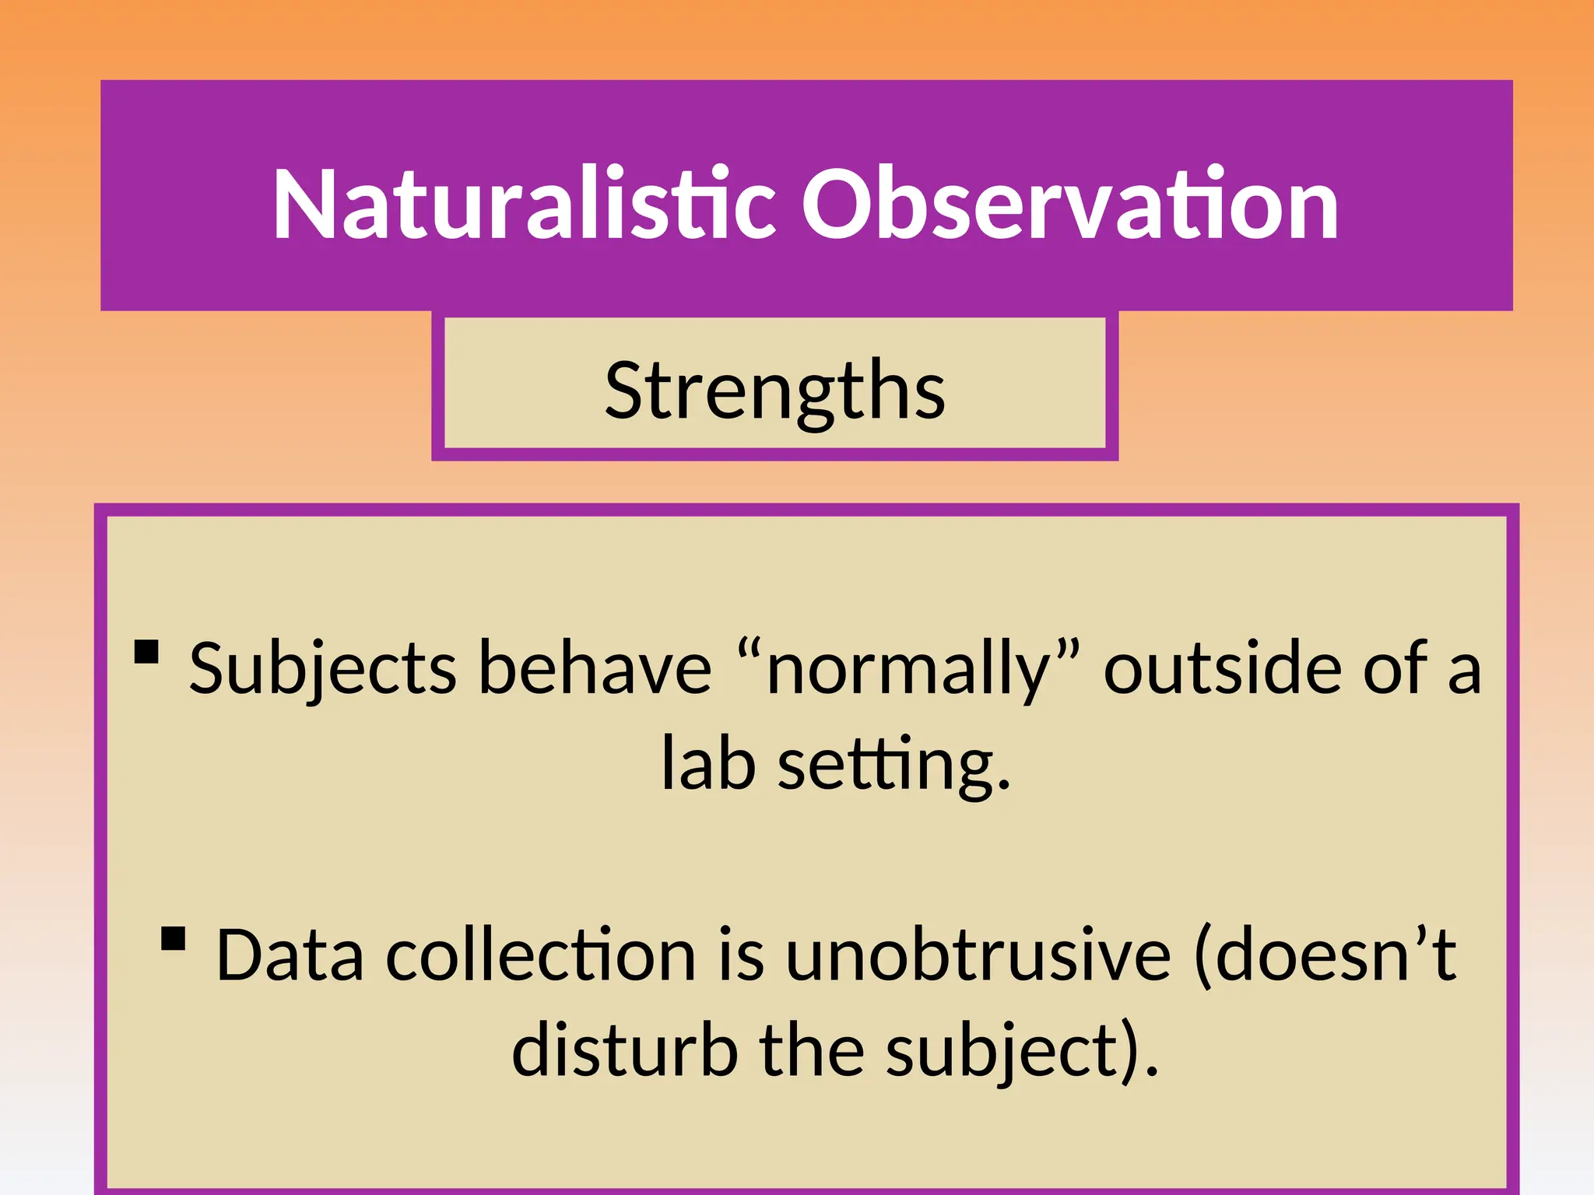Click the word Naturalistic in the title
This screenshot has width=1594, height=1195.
pos(524,205)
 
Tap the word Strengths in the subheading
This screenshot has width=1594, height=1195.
pos(774,391)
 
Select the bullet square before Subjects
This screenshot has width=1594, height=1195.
pos(146,652)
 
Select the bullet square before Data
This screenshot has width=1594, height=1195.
pos(174,938)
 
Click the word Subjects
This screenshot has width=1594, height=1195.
pos(323,669)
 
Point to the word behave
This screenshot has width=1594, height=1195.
pos(594,669)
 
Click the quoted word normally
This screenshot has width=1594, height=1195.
pos(908,669)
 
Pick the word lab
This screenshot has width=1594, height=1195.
pos(707,764)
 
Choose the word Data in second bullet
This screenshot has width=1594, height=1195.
pos(290,955)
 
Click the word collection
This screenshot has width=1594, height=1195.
pos(541,955)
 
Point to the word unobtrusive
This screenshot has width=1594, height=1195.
pos(978,955)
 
